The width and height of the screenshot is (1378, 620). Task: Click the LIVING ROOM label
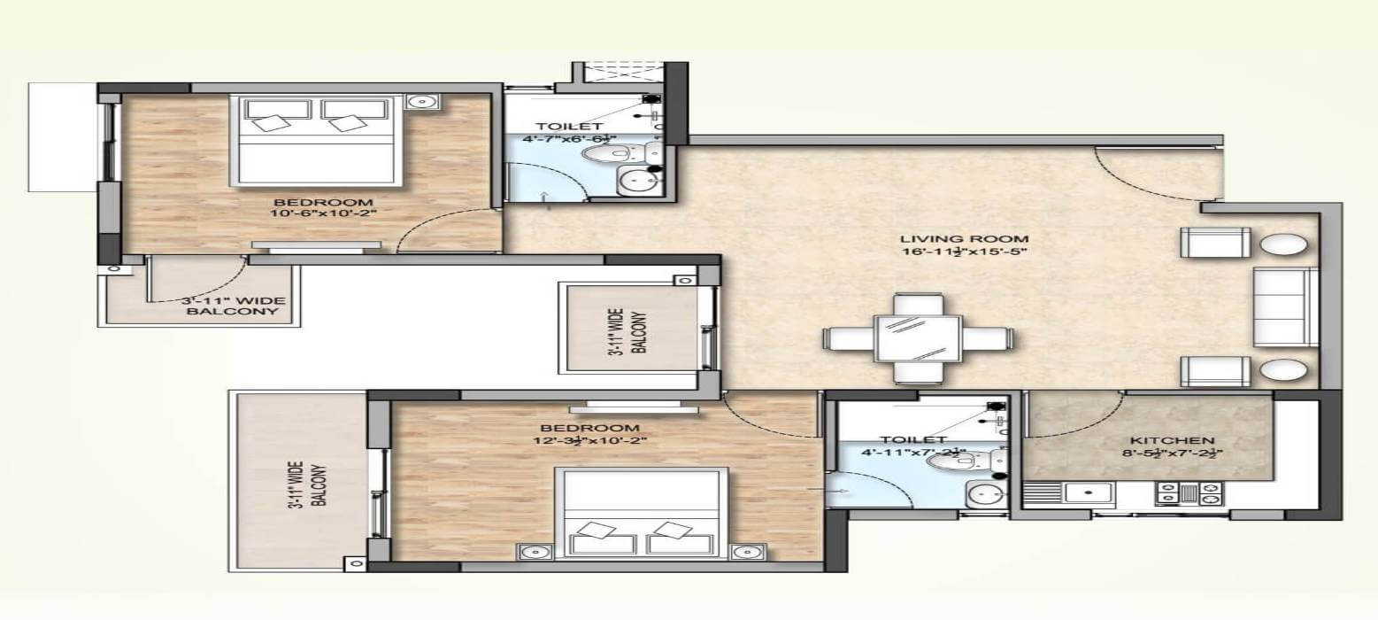click(x=964, y=238)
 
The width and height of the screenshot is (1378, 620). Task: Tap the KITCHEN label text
click(x=1172, y=440)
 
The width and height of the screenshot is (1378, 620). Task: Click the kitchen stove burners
click(x=1189, y=493)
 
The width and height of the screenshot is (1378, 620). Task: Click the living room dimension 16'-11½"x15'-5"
click(x=964, y=252)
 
